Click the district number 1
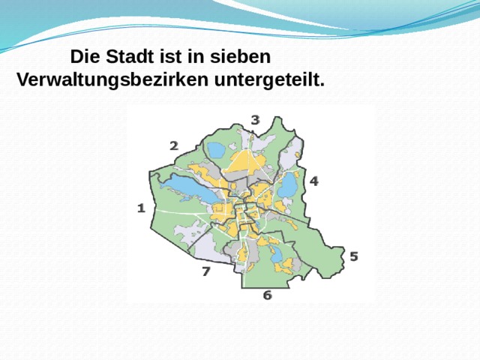(x=140, y=208)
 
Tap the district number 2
(x=173, y=146)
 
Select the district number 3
(x=256, y=119)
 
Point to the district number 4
(x=313, y=181)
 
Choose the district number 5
(x=353, y=256)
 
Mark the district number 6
(x=267, y=295)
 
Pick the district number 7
(x=205, y=271)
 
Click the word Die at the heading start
(x=84, y=57)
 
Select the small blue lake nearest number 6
(x=276, y=254)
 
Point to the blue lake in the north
(x=217, y=151)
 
